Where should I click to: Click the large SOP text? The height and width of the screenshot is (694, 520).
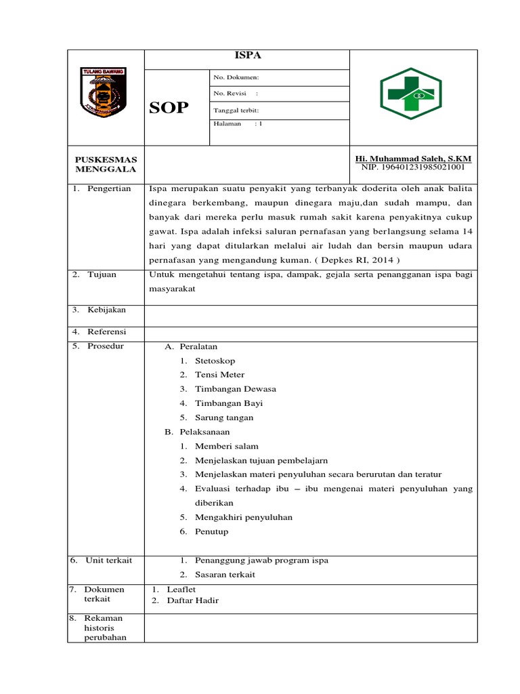[169, 108]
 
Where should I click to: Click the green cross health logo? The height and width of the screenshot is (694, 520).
[410, 94]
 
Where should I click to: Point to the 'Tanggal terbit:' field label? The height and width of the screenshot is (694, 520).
[236, 110]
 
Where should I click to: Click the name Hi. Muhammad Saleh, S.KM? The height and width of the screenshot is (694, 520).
[413, 158]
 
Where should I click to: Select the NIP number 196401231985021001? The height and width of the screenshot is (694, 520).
[413, 167]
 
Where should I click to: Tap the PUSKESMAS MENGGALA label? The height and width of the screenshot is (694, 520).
[106, 163]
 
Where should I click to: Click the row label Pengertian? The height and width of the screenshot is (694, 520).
[108, 188]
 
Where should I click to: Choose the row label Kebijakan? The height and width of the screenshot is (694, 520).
[106, 310]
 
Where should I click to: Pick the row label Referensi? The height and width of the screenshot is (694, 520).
[106, 332]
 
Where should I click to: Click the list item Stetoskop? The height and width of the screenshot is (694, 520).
[215, 361]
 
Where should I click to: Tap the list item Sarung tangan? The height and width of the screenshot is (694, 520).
[224, 417]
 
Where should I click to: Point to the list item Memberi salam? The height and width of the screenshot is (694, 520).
[226, 446]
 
